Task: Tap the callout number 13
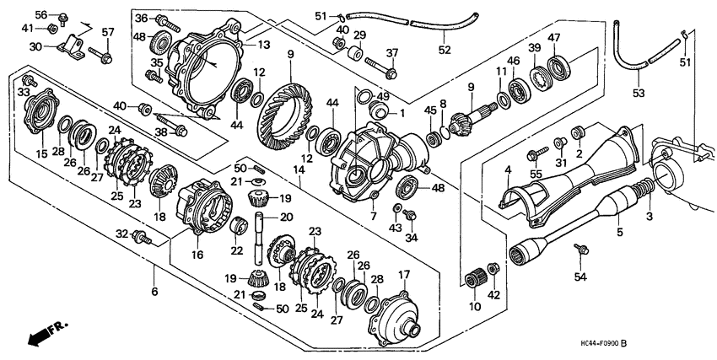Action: tap(264, 45)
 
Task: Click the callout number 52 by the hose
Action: tap(444, 49)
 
